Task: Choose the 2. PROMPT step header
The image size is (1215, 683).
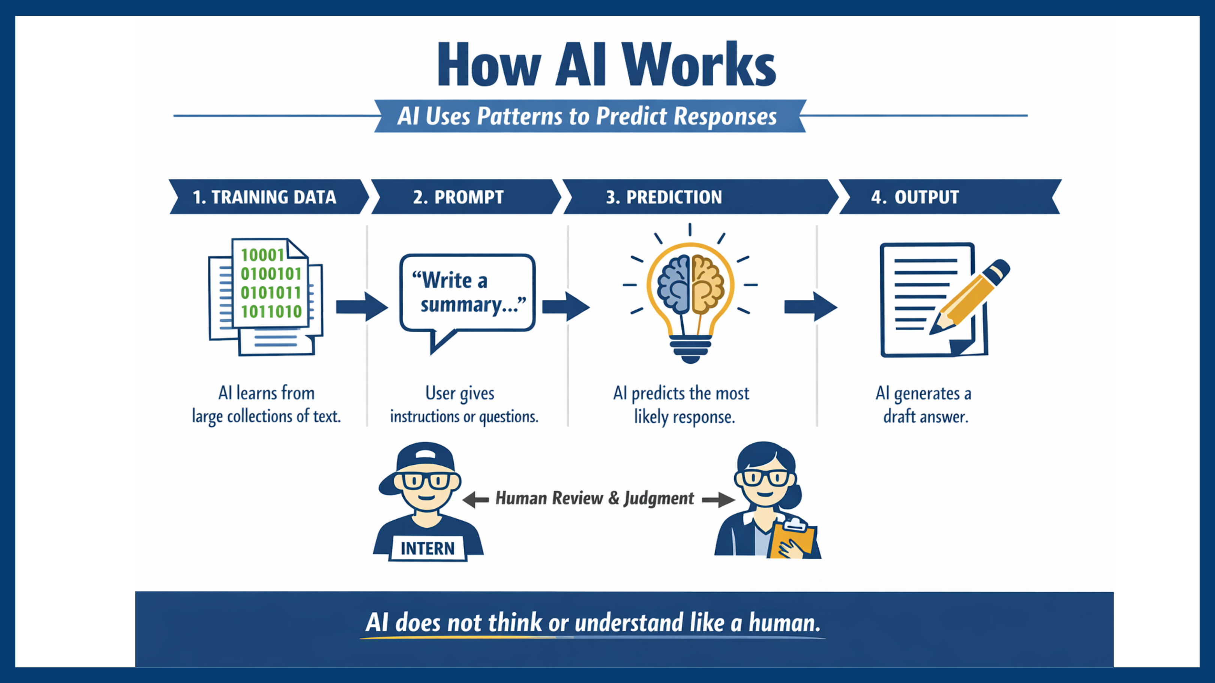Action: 459,197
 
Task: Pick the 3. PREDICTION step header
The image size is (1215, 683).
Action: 664,197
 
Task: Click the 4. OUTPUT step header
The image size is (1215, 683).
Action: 915,197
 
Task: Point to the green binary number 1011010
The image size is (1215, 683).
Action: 271,312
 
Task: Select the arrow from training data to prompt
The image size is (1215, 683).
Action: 361,307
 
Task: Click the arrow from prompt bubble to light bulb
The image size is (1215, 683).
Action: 565,307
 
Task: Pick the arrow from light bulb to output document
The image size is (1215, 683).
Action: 810,307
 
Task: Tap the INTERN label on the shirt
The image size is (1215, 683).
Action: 427,548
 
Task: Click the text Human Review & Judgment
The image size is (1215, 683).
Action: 594,498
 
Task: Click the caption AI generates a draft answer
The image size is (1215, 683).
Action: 924,404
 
